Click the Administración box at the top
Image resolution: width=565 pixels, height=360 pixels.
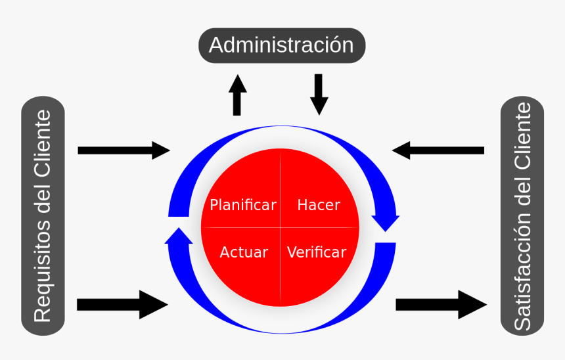click(281, 45)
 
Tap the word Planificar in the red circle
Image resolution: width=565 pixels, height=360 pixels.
click(242, 205)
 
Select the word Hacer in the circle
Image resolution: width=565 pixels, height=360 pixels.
click(319, 205)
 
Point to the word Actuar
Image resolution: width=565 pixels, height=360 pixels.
click(244, 252)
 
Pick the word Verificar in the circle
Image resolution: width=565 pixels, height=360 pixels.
click(317, 252)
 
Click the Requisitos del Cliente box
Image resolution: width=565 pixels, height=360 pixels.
click(43, 216)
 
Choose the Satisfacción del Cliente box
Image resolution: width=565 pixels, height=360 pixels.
click(522, 216)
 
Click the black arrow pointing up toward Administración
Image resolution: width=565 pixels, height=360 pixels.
click(237, 95)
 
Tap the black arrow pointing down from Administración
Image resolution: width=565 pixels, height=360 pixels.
click(319, 94)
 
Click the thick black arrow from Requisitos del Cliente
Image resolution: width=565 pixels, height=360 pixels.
click(122, 304)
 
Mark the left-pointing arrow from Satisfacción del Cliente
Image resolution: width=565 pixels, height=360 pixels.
click(438, 150)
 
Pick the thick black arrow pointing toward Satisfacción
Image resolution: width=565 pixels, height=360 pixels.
click(441, 305)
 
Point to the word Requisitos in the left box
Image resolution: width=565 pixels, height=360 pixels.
click(43, 272)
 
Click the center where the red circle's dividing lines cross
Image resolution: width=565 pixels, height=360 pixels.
click(281, 228)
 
